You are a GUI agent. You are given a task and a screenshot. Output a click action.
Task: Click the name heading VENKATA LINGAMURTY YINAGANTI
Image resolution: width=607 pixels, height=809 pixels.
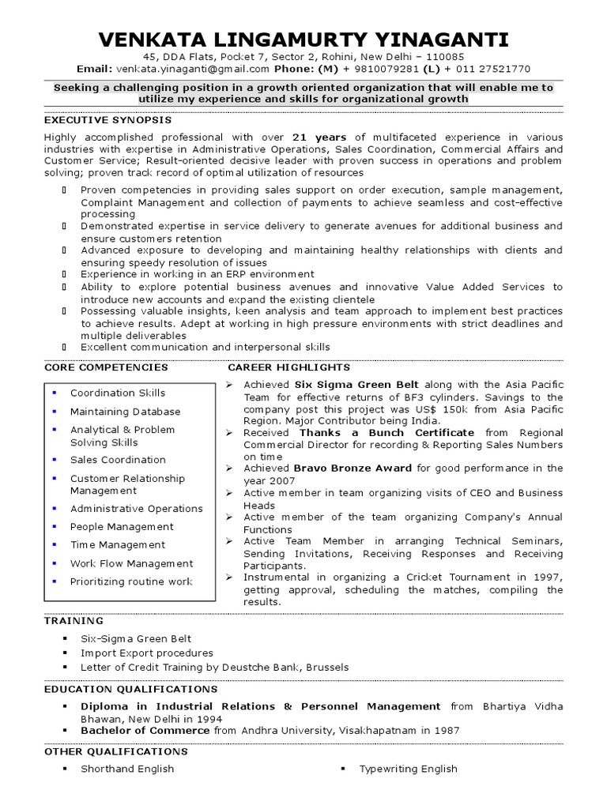(x=303, y=40)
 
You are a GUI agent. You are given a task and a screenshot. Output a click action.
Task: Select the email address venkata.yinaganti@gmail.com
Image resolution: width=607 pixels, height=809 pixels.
(x=180, y=69)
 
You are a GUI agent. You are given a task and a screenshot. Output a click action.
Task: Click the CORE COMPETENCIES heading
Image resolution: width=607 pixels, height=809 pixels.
(x=106, y=367)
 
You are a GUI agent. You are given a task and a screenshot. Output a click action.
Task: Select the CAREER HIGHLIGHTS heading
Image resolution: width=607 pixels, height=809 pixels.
(x=288, y=367)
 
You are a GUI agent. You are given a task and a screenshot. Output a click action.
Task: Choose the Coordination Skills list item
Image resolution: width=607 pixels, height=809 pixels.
(x=118, y=393)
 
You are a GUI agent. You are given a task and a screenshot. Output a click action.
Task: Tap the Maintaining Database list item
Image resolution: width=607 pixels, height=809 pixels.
(x=125, y=412)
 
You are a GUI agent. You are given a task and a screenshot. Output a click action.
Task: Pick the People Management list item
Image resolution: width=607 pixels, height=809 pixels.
(x=121, y=526)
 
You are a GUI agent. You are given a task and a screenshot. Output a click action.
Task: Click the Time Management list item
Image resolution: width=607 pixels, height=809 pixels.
(x=118, y=544)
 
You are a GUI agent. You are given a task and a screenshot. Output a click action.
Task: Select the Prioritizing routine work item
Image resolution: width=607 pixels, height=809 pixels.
(x=131, y=581)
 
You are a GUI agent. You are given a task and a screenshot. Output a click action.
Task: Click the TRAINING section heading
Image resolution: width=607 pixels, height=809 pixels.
(x=74, y=621)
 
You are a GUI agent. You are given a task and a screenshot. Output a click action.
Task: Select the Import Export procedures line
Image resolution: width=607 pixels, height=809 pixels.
(x=147, y=653)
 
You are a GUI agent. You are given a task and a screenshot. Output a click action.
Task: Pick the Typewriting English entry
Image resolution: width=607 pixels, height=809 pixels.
(x=408, y=769)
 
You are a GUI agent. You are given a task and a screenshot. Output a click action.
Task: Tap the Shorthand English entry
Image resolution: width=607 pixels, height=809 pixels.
(x=127, y=769)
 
